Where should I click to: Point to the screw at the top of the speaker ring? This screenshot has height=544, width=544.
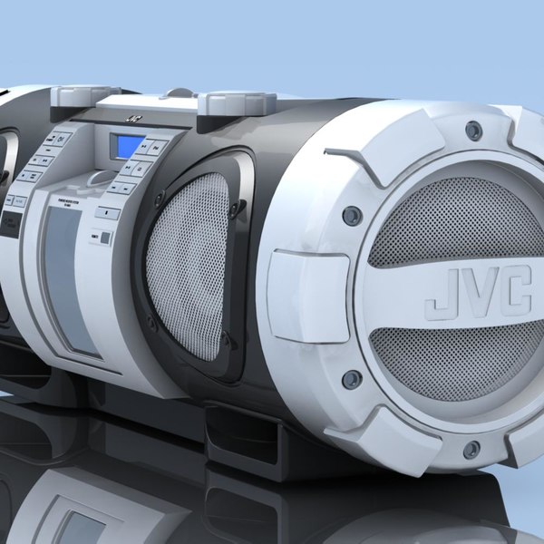click(473, 131)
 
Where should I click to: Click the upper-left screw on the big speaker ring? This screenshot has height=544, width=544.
click(352, 215)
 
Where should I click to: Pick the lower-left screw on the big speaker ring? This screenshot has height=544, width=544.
click(351, 378)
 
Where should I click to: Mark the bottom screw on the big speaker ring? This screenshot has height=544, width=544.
click(471, 449)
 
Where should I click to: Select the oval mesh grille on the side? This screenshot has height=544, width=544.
click(188, 263)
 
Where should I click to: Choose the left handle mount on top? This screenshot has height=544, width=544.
click(84, 95)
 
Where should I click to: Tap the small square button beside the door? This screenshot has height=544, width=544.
click(105, 238)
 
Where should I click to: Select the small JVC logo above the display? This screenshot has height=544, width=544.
click(133, 117)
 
